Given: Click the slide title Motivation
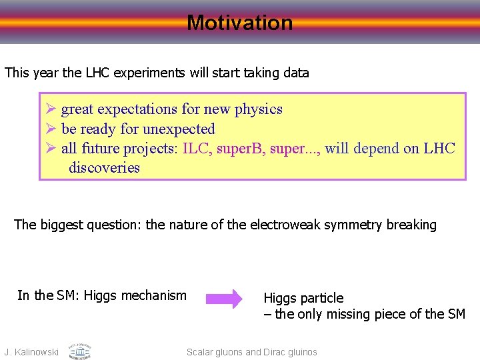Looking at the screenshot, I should click(x=240, y=23).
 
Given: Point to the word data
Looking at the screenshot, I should click(x=295, y=73).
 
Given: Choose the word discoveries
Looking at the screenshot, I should click(x=104, y=167).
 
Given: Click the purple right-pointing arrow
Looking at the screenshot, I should click(x=223, y=299).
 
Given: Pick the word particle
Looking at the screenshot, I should click(x=321, y=298).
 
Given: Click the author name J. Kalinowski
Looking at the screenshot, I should click(x=31, y=352).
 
